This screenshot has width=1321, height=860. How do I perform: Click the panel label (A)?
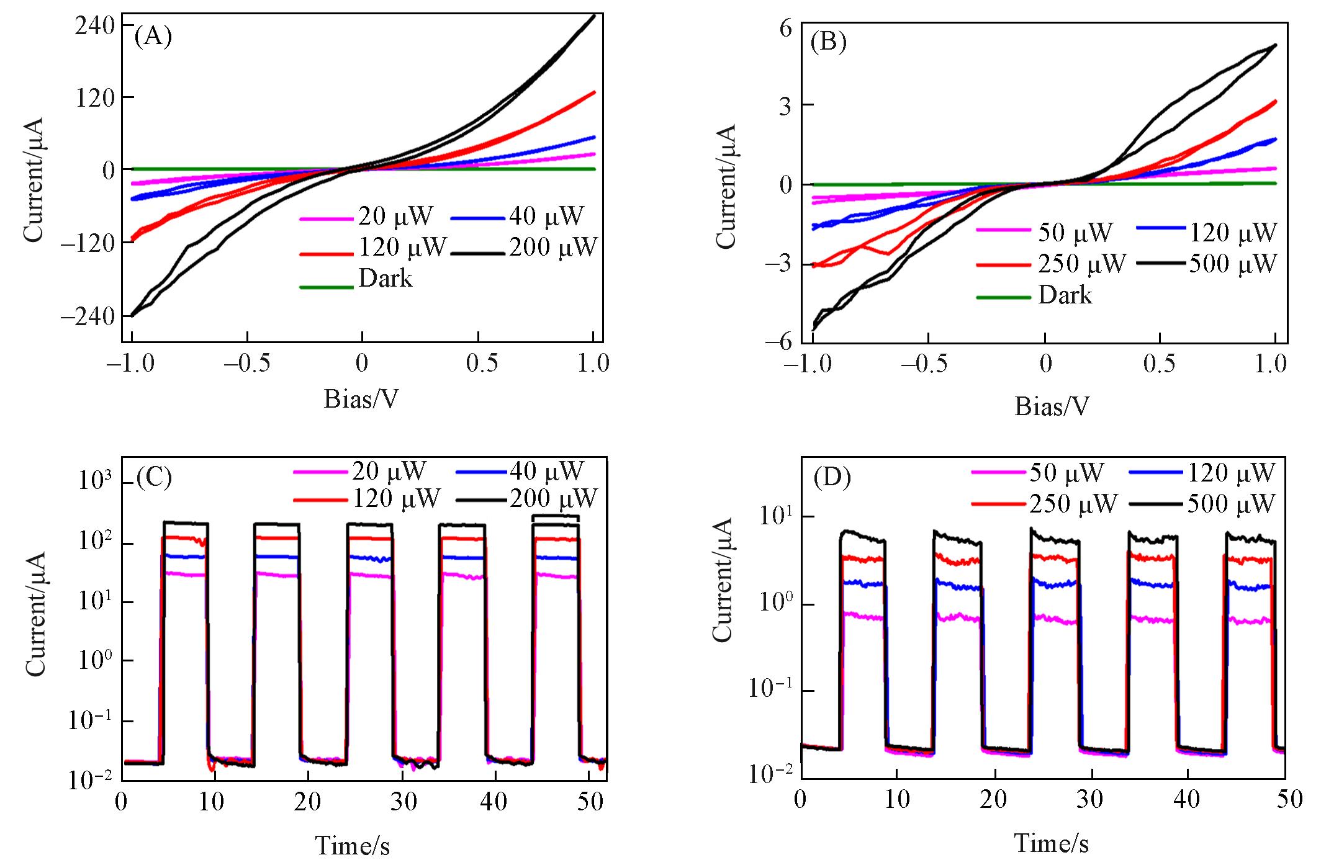(x=153, y=37)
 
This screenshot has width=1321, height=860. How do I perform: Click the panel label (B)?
(x=829, y=43)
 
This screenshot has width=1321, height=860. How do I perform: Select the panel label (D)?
(x=832, y=478)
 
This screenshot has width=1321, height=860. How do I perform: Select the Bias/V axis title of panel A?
(x=361, y=400)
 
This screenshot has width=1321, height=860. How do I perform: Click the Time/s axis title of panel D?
(x=1051, y=843)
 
